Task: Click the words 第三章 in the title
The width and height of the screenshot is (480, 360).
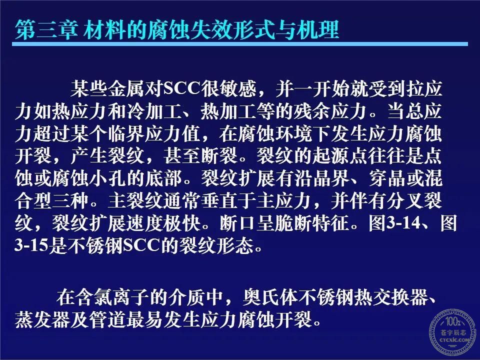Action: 46,29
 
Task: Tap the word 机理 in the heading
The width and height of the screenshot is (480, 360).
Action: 318,29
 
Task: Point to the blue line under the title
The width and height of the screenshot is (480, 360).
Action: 240,44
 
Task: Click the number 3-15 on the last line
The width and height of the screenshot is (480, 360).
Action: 31,245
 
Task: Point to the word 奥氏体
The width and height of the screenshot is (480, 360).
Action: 271,296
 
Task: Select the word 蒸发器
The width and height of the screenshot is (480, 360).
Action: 42,319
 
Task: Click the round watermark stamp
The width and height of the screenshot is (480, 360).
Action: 452,332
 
